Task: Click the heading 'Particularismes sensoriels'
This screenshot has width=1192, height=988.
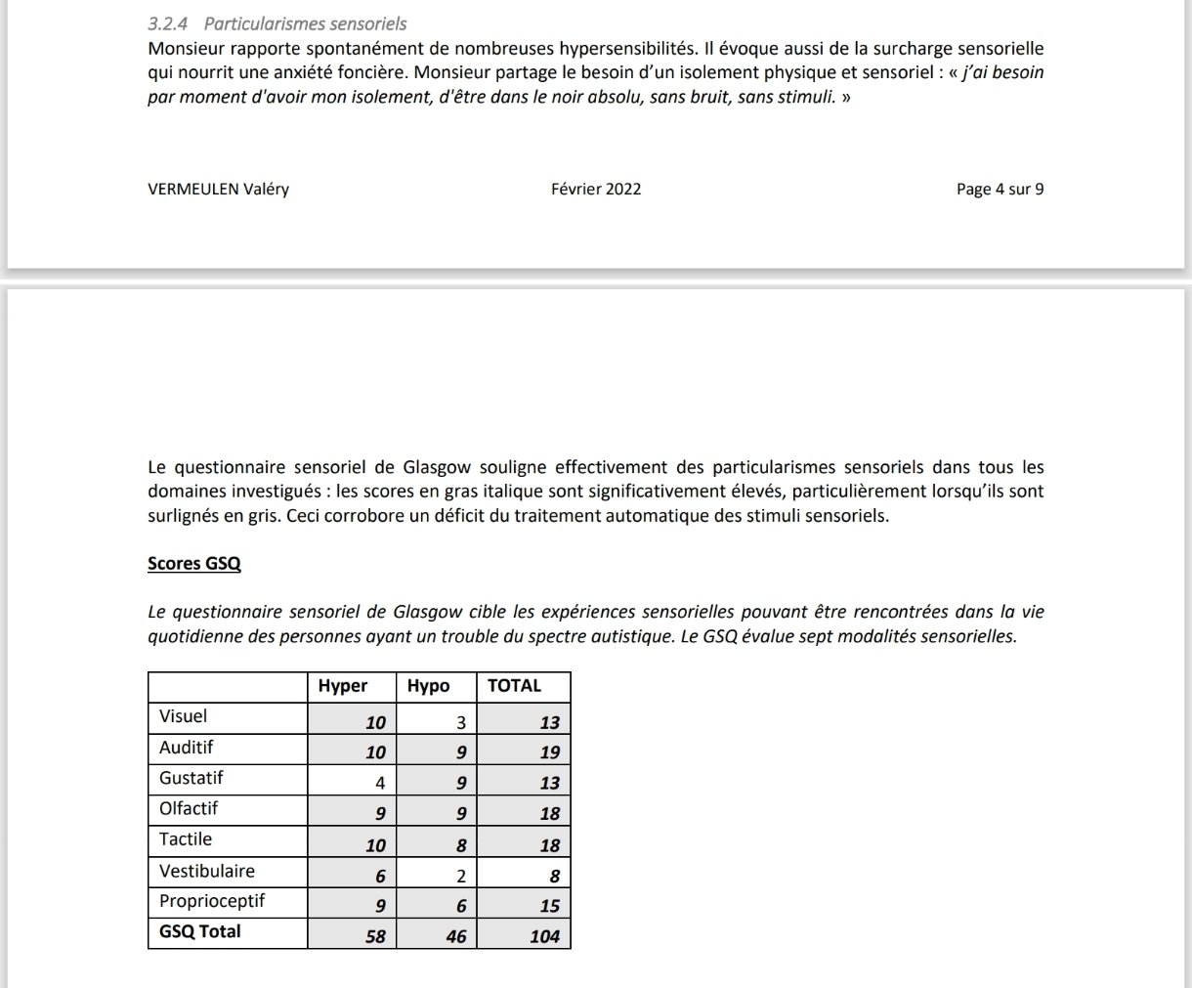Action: [305, 23]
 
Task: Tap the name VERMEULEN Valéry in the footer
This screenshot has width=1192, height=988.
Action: [218, 190]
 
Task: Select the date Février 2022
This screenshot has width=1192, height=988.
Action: [596, 190]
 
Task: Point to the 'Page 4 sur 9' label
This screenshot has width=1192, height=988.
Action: [1000, 190]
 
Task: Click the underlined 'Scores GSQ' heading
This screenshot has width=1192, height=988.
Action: [194, 564]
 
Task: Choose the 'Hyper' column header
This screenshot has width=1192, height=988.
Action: [343, 686]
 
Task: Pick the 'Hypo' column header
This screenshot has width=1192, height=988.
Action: [428, 686]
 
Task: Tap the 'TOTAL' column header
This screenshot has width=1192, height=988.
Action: [514, 686]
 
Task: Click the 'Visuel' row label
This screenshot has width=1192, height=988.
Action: [184, 716]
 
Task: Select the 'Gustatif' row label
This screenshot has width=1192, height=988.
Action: [192, 778]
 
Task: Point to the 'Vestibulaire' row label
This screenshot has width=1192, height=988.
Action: [207, 871]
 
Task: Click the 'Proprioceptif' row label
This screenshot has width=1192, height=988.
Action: [212, 901]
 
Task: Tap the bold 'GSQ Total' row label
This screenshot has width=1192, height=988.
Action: [200, 931]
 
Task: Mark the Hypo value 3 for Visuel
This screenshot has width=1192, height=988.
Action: [461, 723]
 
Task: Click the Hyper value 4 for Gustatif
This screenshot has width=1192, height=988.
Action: [380, 783]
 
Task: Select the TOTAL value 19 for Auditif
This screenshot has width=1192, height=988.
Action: [550, 752]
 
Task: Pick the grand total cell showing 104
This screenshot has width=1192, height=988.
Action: [544, 936]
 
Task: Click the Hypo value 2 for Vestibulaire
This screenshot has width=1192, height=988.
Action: [461, 877]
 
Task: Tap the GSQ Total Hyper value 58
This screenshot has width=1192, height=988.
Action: [375, 936]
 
